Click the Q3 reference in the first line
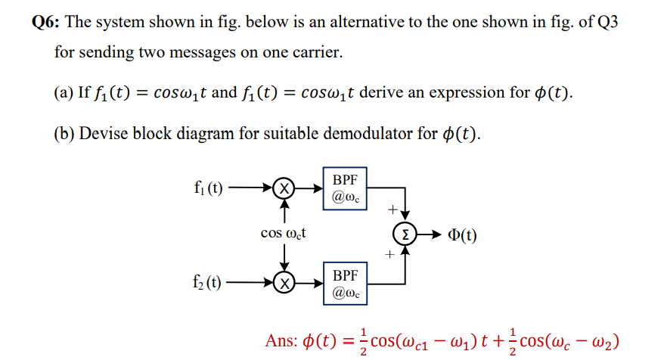click(x=607, y=21)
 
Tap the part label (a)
click(x=63, y=93)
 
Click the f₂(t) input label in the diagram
click(x=208, y=284)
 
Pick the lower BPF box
click(x=345, y=283)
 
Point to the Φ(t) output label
click(x=460, y=235)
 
